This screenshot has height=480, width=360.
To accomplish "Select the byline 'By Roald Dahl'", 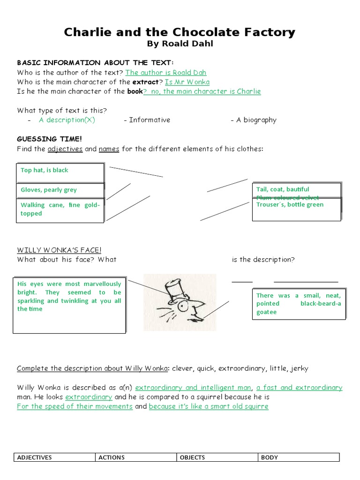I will click(x=180, y=44).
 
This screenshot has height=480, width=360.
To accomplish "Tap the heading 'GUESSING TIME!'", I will click(x=50, y=139).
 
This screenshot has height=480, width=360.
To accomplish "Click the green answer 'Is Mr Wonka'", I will click(x=187, y=82).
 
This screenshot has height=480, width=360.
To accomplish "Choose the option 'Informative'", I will click(x=150, y=120).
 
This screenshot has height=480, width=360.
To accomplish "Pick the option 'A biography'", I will click(x=256, y=120).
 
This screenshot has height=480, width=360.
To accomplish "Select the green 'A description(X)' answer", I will click(x=67, y=120).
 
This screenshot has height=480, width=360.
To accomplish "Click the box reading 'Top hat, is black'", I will click(x=60, y=172).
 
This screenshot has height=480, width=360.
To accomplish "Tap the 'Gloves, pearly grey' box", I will click(x=60, y=190).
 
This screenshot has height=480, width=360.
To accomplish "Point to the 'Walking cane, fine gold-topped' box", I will click(x=60, y=210).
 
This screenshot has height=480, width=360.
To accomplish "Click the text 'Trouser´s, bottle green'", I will click(x=290, y=205).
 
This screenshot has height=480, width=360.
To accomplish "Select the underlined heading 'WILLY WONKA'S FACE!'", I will click(x=59, y=250).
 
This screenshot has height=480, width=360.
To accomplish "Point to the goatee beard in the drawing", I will click(x=195, y=321).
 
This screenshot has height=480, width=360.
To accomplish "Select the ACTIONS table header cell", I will click(x=135, y=457).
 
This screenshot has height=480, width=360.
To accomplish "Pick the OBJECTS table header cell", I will click(x=217, y=457).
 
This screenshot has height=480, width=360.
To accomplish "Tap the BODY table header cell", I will click(x=299, y=457).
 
